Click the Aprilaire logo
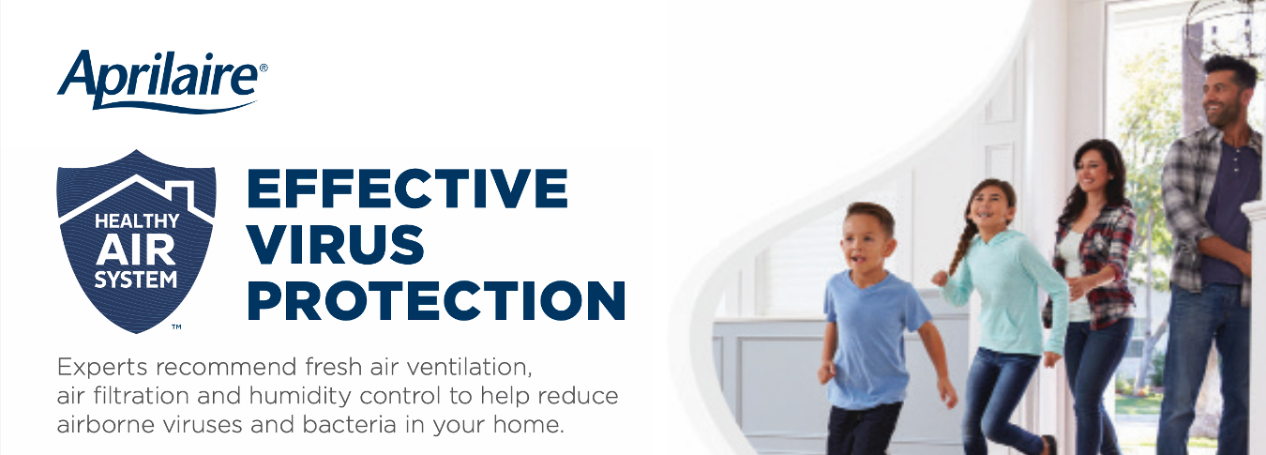[162, 81]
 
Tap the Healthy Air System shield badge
[136, 241]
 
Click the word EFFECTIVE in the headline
[407, 189]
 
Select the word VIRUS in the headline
[336, 244]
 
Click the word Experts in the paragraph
[102, 368]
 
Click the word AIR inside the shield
[136, 251]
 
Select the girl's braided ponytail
[962, 243]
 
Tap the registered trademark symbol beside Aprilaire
[264, 68]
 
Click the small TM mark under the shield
[176, 326]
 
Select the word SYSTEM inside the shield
[136, 280]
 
